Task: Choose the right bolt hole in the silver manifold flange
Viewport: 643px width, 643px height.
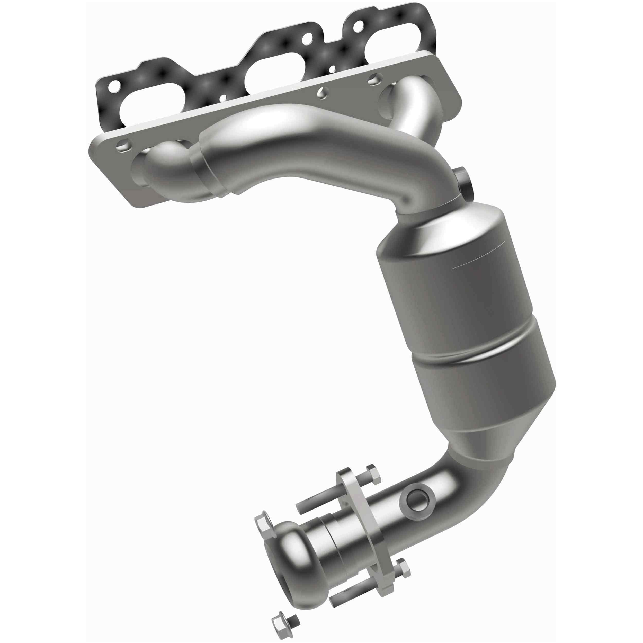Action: (x=374, y=78)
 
